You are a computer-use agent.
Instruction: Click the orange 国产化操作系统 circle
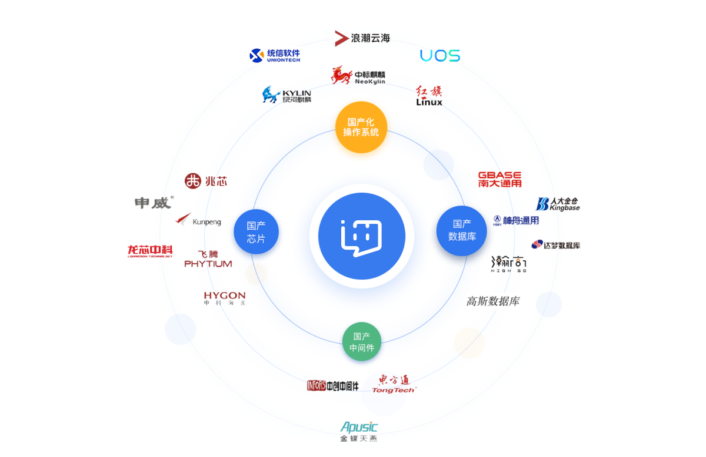coord(361,127)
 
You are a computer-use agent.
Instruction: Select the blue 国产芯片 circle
coord(256,231)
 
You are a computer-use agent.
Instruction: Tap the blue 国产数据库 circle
coord(462,230)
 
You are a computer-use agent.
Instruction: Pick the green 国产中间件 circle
coord(362,342)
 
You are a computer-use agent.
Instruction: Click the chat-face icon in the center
coord(361,236)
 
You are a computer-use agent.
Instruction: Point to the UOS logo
coord(440,56)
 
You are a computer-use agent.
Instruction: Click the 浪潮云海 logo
coord(362,38)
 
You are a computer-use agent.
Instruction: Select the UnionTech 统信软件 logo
coord(275,56)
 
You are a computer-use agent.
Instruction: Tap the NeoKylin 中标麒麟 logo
coord(358,76)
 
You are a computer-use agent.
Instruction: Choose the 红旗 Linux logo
coord(429,96)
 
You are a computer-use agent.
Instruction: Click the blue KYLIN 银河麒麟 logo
coord(287,95)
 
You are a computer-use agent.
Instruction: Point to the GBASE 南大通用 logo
coord(499,179)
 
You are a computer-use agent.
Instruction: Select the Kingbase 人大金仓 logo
coord(558,204)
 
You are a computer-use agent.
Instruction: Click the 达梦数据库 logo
coord(555,245)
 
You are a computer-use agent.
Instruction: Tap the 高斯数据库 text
coord(493,301)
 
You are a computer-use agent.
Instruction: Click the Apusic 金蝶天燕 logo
coord(359,431)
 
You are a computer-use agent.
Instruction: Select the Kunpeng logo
coord(199,221)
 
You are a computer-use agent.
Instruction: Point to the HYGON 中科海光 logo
coord(225,298)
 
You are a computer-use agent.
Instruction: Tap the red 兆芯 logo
coord(205,181)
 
